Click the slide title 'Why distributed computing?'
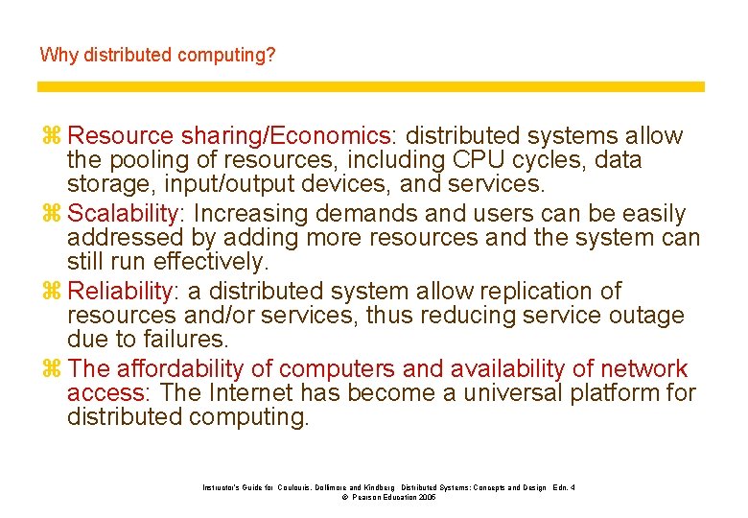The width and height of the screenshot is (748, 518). click(157, 55)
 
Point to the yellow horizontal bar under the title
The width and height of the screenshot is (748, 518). click(371, 86)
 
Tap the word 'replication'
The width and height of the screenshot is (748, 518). click(520, 292)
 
